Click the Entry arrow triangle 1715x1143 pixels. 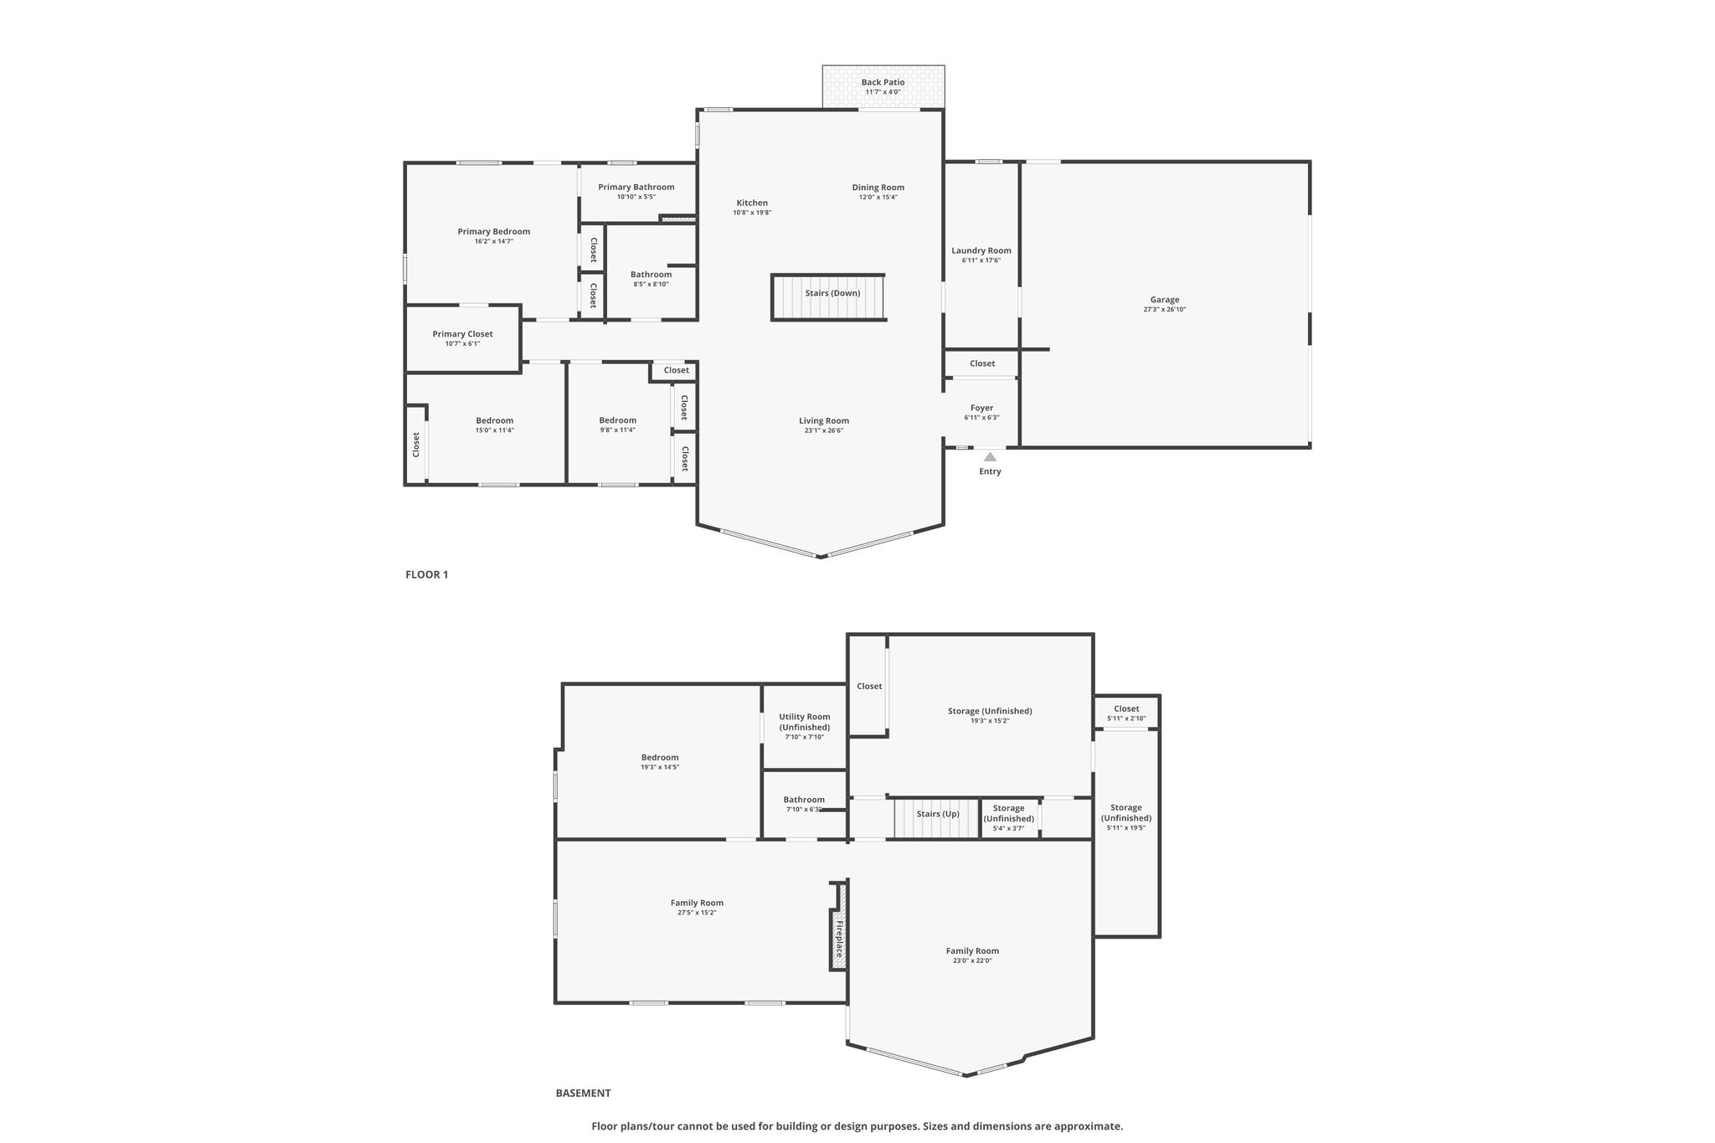(x=990, y=457)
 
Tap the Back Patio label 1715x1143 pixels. (x=883, y=82)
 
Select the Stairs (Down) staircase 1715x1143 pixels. (x=828, y=296)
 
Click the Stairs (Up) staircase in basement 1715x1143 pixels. (x=937, y=817)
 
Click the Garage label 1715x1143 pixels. (x=1165, y=300)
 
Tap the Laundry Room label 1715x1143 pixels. (x=981, y=250)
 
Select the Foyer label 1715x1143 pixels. (x=981, y=408)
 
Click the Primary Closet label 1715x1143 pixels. (x=462, y=334)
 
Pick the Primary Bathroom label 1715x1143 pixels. (x=636, y=187)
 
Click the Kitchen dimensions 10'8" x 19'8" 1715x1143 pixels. (x=752, y=213)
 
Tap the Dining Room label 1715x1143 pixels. (x=878, y=187)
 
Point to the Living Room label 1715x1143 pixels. (x=824, y=420)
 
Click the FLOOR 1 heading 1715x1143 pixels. (x=427, y=574)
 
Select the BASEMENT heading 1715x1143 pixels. (x=584, y=1093)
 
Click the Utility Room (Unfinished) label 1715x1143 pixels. (x=805, y=722)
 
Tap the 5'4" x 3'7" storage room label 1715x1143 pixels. (x=1009, y=828)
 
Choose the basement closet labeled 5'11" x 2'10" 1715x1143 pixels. (x=1126, y=713)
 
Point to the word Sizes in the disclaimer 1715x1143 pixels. (x=936, y=1126)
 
